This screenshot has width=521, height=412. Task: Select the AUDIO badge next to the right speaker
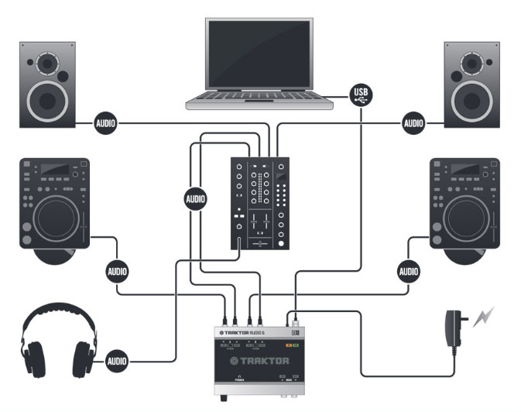click(x=413, y=122)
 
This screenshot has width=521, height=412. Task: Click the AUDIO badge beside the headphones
click(x=116, y=361)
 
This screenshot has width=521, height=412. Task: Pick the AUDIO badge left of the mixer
click(x=196, y=199)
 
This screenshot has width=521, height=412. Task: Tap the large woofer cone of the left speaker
click(x=48, y=99)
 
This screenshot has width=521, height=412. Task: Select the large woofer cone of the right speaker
click(x=471, y=99)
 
